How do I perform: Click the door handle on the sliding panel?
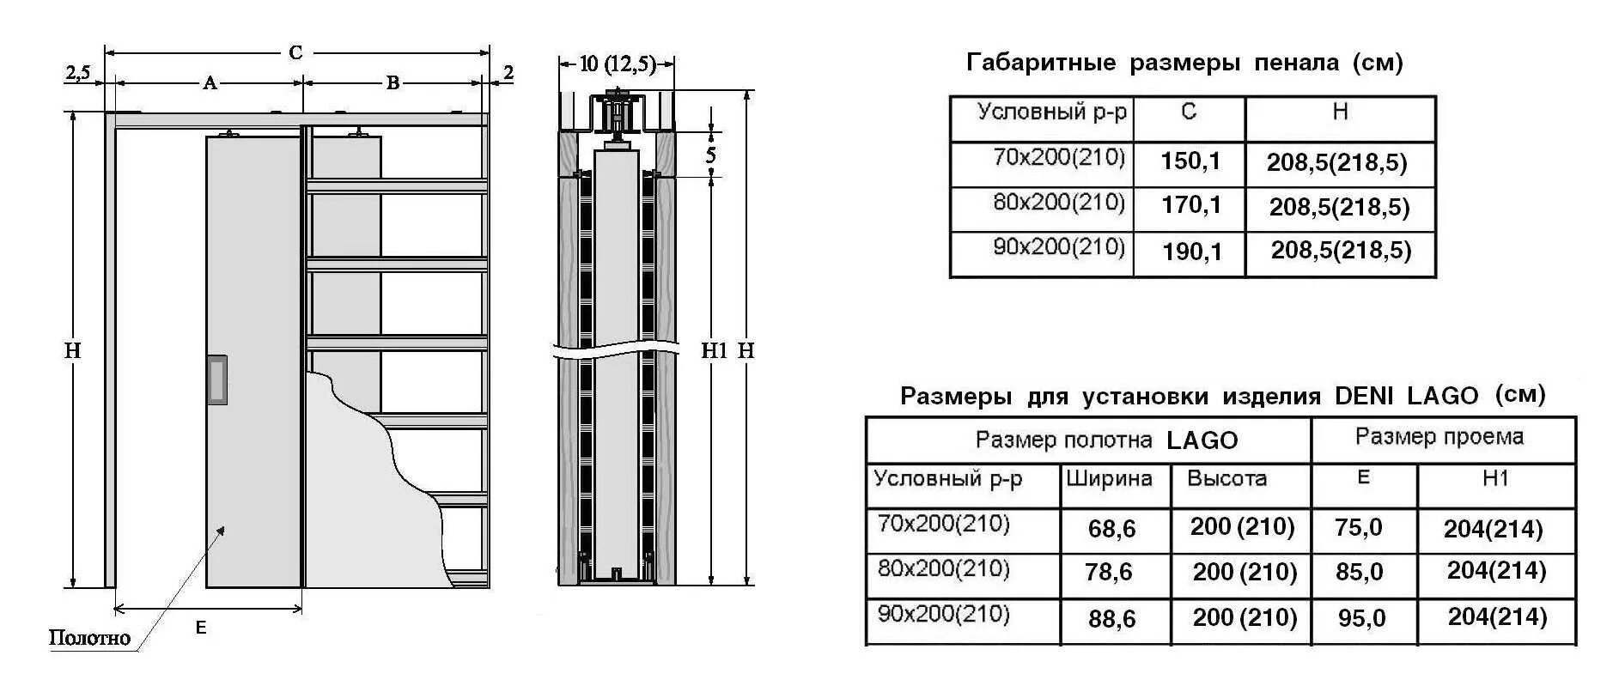coord(216,379)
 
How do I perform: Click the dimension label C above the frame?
coord(295,53)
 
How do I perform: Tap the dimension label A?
coord(209,83)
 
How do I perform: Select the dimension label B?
coord(393,83)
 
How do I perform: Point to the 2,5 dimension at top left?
coord(78,73)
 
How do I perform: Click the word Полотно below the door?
coord(89,638)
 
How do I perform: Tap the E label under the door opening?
coord(201,628)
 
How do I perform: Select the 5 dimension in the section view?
coord(710,155)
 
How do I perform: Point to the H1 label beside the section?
coord(714,350)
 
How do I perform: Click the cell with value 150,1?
coord(1190,161)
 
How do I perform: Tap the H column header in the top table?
coord(1340,112)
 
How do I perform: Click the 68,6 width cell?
coord(1111,529)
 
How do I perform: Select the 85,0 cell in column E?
coord(1359,572)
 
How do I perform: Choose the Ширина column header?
coord(1109,478)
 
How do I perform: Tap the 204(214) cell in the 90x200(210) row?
coord(1496,617)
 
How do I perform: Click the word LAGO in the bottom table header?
coord(1202,440)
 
